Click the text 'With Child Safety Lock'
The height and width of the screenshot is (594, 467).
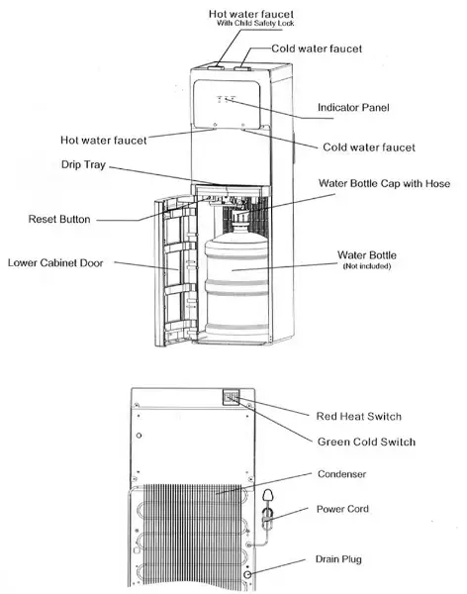tap(257, 23)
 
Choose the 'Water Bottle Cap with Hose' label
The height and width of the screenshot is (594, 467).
tap(384, 184)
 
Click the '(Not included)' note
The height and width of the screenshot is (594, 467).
tap(366, 266)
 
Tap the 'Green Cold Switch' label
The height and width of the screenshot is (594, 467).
tap(365, 442)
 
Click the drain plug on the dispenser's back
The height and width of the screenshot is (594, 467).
tap(246, 574)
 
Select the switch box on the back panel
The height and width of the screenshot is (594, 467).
tap(233, 398)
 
